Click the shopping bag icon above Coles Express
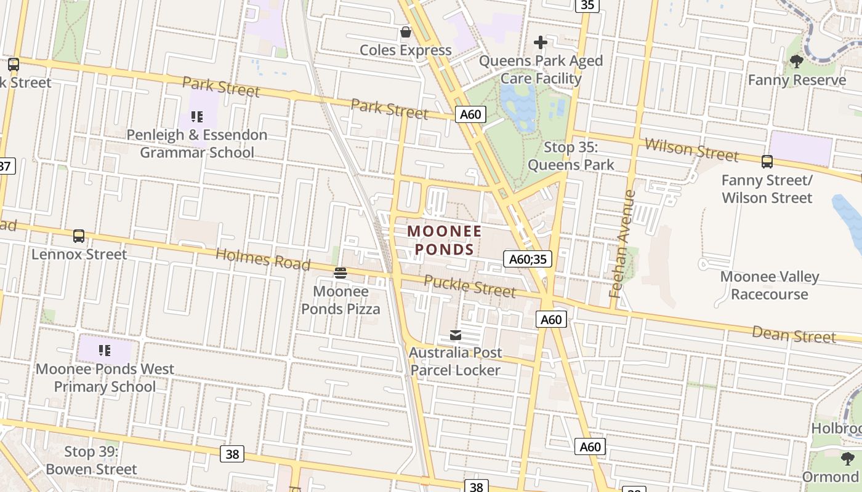(x=405, y=32)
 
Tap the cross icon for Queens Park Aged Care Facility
(x=541, y=42)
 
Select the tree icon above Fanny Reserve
(x=796, y=61)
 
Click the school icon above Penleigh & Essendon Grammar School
(x=196, y=116)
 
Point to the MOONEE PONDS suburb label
(x=444, y=240)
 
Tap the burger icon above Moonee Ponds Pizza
(x=340, y=272)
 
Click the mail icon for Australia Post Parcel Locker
(x=456, y=335)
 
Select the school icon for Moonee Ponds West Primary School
(x=105, y=351)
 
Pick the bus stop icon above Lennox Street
(x=79, y=236)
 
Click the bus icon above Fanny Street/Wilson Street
(x=767, y=162)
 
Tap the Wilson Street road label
(x=691, y=149)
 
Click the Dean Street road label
(x=794, y=335)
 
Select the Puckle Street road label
(x=470, y=285)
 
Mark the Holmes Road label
(x=263, y=259)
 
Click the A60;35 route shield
(x=527, y=259)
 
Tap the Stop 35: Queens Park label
(x=571, y=156)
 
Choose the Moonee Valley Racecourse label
(x=769, y=285)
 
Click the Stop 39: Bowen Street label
(x=91, y=461)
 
